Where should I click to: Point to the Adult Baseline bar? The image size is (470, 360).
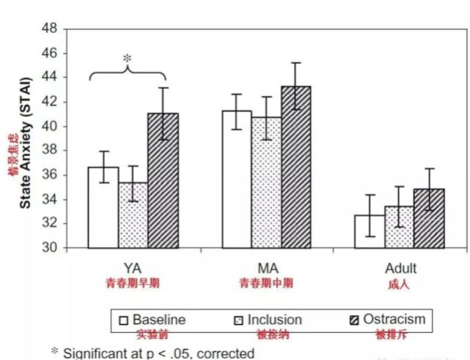coord(370,232)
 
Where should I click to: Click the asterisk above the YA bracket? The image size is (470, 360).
coord(127,57)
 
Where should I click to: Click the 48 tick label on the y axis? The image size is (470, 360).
coord(49,29)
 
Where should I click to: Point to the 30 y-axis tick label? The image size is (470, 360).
coord(49,248)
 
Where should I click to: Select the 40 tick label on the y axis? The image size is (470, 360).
coord(49,126)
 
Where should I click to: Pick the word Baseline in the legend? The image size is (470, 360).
coord(159,320)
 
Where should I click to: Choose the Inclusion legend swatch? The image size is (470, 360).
coord(237,320)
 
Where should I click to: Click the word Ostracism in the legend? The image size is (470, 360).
coord(394,320)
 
